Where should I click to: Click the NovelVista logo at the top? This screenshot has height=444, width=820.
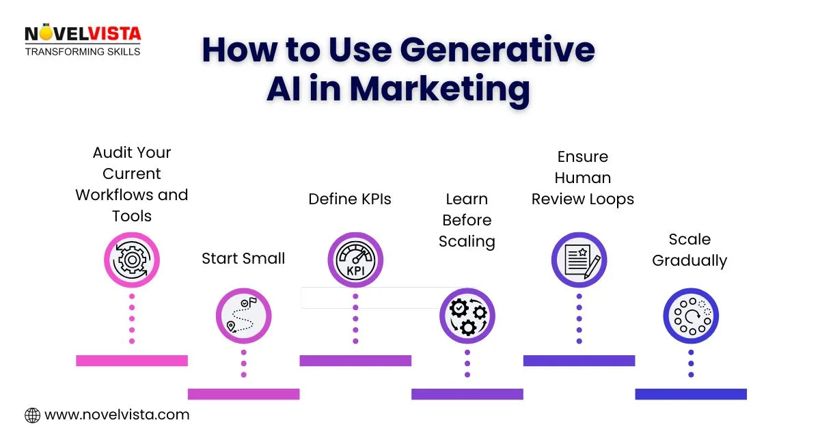click(x=82, y=40)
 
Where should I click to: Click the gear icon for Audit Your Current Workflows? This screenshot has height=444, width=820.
click(x=131, y=260)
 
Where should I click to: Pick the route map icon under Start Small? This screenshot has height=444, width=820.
click(x=243, y=316)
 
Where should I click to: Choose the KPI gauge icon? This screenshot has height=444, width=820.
click(x=355, y=260)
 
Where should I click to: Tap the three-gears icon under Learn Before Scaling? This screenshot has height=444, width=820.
click(x=467, y=316)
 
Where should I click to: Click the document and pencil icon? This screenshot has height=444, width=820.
click(x=579, y=260)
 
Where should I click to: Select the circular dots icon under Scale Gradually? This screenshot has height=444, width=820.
click(x=691, y=316)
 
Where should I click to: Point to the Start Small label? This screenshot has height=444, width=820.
click(x=243, y=258)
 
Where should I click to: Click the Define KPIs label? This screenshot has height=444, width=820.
click(x=350, y=199)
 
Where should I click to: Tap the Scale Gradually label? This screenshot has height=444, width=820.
click(x=689, y=250)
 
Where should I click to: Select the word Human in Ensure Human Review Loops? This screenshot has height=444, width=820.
click(x=583, y=178)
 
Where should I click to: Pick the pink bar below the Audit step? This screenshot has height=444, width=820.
click(x=131, y=360)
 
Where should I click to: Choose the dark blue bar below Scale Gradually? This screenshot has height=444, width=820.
click(x=691, y=393)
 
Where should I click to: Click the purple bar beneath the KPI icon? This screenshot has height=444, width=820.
click(x=355, y=360)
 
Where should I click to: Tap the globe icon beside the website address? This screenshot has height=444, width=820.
click(x=32, y=415)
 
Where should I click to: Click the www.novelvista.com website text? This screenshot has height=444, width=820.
click(x=117, y=415)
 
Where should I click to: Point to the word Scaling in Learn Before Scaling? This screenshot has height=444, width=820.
click(x=467, y=241)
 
